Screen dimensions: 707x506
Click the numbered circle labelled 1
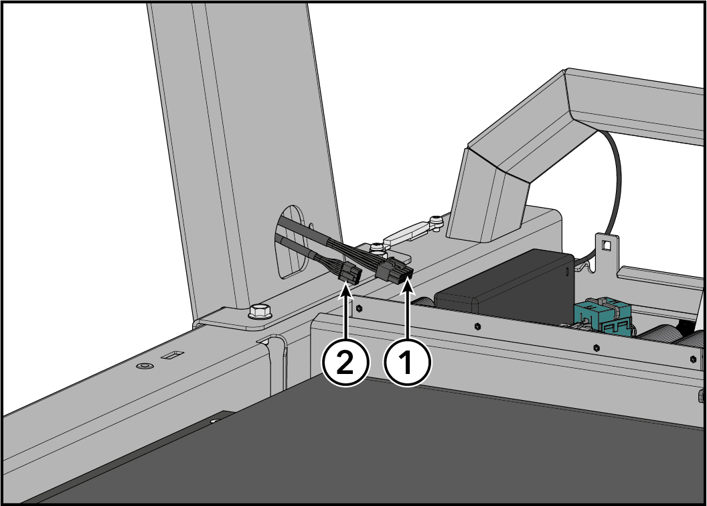(407, 363)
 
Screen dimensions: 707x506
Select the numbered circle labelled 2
(345, 363)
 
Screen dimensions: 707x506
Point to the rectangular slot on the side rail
(172, 355)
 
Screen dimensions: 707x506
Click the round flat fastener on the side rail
(145, 365)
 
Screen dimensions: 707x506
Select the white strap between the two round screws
(406, 232)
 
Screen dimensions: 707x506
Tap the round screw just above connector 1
(376, 247)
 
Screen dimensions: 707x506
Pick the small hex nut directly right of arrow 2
(359, 309)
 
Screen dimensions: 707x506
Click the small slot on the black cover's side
(567, 272)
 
